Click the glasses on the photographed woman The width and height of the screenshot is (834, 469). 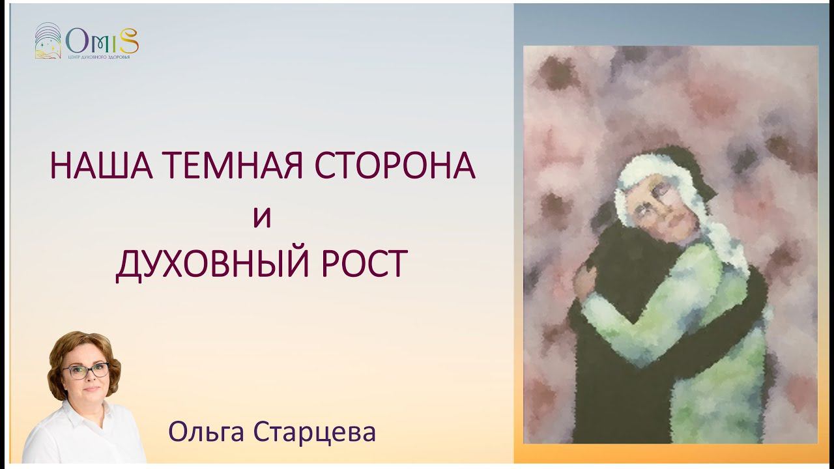click(85, 371)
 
